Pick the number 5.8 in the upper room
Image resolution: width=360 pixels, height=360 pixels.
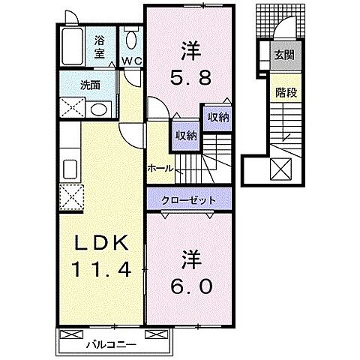point(189,76)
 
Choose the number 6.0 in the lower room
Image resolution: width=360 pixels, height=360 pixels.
point(189,286)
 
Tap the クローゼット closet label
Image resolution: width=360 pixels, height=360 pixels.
point(189,200)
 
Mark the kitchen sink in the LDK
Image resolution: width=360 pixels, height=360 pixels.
point(71,169)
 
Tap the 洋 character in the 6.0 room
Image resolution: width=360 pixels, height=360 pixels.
point(189,260)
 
